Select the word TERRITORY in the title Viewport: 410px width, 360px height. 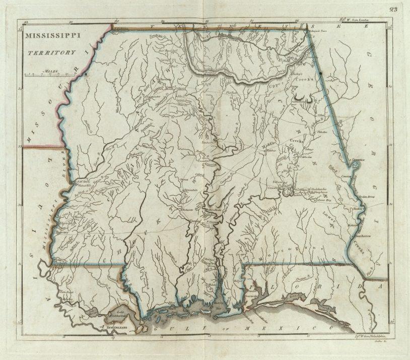pyautogui.click(x=52, y=52)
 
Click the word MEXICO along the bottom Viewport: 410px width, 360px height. pyautogui.click(x=294, y=329)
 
